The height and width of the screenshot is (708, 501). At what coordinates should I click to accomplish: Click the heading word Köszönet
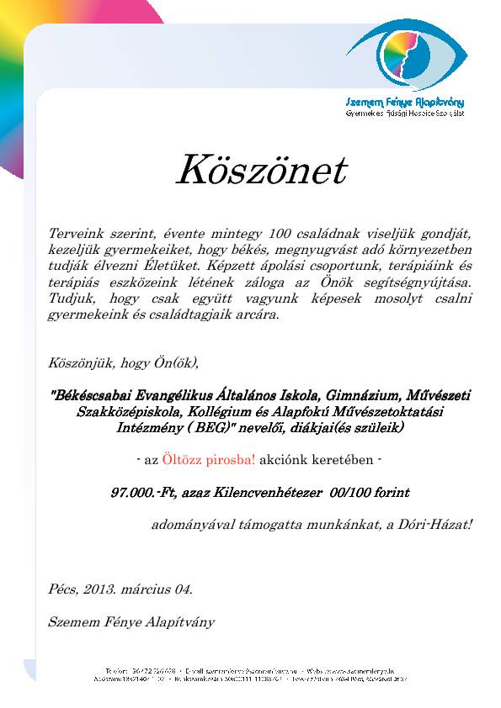tap(260, 171)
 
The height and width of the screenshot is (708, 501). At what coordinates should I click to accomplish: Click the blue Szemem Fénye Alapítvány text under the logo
tap(406, 102)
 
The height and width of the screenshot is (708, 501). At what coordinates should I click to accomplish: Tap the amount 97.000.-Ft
tap(143, 493)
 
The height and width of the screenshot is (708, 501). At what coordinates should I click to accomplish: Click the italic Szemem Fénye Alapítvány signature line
tap(132, 622)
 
